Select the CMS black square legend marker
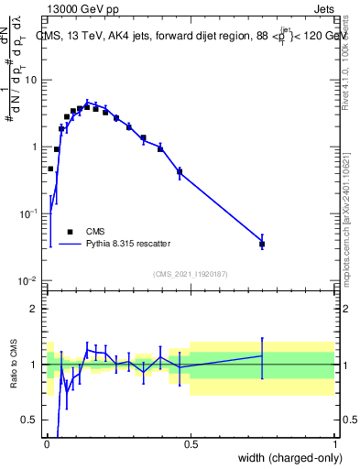(x=70, y=232)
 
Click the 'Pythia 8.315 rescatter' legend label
(x=127, y=244)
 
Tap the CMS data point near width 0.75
(x=262, y=244)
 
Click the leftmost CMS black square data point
(x=50, y=169)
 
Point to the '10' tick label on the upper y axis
(x=30, y=80)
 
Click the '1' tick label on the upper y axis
(x=34, y=147)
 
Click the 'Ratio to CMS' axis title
(x=13, y=365)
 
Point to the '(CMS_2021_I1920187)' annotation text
(x=190, y=274)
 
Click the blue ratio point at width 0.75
(x=262, y=355)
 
